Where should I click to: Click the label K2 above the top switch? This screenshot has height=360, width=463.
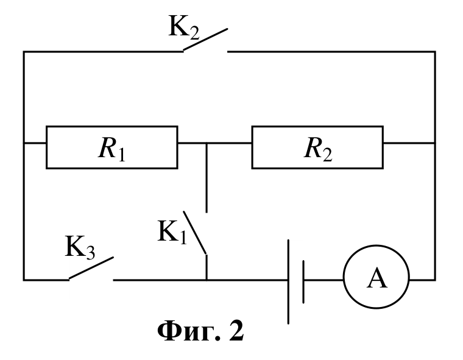(x=183, y=27)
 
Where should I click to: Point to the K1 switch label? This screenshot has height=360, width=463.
(x=172, y=233)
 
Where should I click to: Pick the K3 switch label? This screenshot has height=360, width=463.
(x=80, y=248)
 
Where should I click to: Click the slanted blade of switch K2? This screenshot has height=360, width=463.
(x=205, y=39)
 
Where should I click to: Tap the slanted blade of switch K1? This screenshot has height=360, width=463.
(x=194, y=233)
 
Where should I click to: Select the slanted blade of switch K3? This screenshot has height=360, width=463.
(x=91, y=267)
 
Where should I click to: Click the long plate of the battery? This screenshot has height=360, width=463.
(x=288, y=282)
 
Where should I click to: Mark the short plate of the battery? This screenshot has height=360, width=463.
(x=303, y=282)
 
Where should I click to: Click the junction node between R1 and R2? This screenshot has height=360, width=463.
(x=207, y=143)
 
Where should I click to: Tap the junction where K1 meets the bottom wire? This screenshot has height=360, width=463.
(x=207, y=280)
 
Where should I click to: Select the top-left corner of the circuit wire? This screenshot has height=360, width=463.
(x=24, y=52)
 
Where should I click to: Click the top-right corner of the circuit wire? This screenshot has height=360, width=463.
(x=435, y=52)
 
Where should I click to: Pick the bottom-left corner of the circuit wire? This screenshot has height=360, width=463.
(x=24, y=280)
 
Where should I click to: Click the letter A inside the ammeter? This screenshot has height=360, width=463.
(x=376, y=278)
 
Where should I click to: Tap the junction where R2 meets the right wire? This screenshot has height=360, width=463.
(x=435, y=143)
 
